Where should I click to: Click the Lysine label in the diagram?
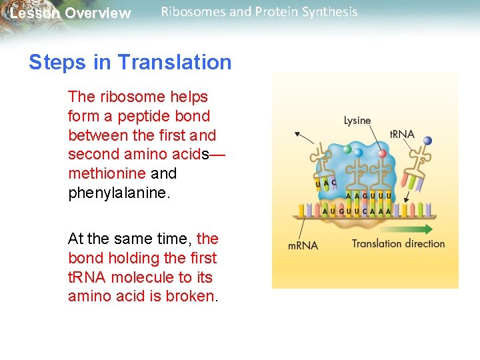[x=357, y=121]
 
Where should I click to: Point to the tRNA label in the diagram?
[x=401, y=134]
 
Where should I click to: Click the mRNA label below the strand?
[x=303, y=245]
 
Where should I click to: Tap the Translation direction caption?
[x=398, y=243]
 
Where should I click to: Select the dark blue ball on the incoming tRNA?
[x=427, y=141]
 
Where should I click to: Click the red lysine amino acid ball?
[x=382, y=153]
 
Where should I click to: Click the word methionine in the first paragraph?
[x=107, y=173]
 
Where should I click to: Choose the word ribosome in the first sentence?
[x=128, y=97]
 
